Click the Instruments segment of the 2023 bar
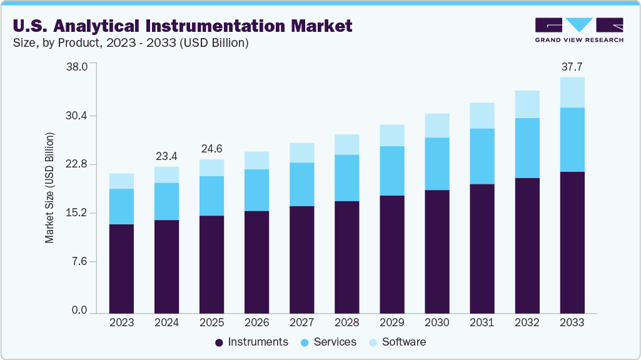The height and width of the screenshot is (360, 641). tap(121, 268)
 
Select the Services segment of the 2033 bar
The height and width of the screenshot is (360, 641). tap(572, 139)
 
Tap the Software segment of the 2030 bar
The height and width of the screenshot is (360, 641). tap(437, 125)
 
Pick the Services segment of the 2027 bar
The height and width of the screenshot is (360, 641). tap(301, 184)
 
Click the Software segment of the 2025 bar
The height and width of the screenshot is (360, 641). tap(211, 167)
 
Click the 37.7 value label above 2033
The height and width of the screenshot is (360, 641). tap(572, 67)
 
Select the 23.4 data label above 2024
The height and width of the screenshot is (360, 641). tap(166, 156)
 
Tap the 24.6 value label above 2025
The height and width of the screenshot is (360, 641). tap(211, 149)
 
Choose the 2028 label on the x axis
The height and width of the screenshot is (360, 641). tap(346, 323)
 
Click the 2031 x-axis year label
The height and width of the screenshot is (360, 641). tap(482, 323)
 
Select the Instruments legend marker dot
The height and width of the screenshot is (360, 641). tap(219, 342)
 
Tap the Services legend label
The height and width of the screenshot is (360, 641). tap(335, 342)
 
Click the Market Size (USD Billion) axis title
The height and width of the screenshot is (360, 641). tap(49, 187)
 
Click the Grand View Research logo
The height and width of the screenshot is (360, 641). tap(579, 29)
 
